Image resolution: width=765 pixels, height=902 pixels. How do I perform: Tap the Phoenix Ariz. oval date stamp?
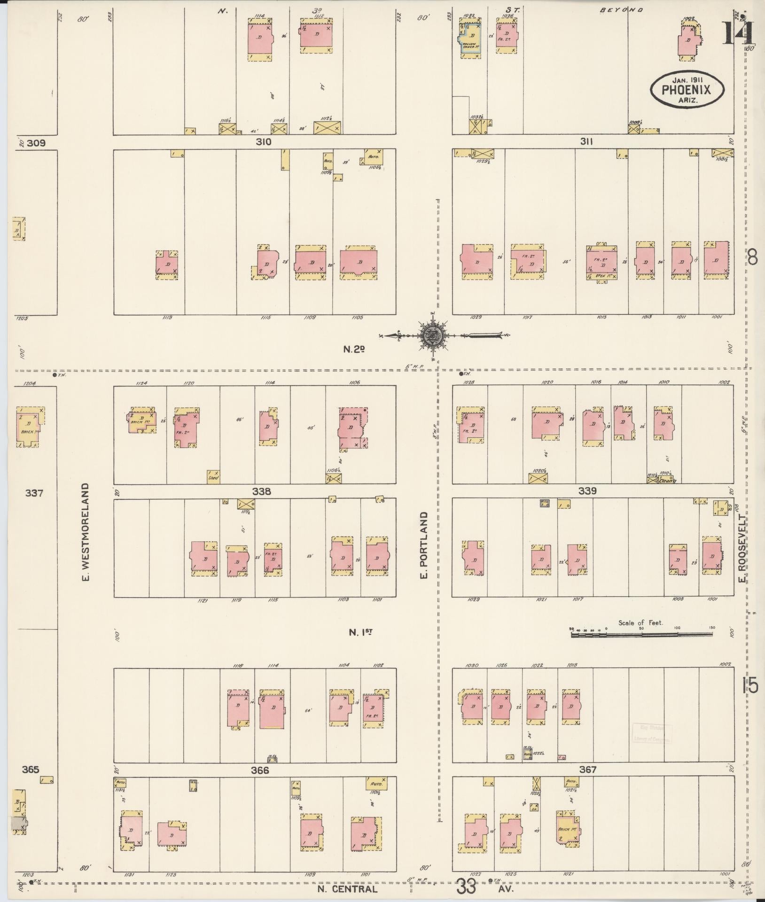687,89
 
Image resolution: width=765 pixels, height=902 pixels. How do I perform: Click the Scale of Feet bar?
641,634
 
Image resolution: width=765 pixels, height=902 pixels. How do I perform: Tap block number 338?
262,492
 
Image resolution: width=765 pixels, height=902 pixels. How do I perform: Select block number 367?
588,770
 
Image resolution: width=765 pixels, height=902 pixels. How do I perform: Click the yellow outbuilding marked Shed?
213,476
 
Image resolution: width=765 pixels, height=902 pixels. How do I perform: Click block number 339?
587,491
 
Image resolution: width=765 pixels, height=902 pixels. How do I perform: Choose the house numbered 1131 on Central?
131,831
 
